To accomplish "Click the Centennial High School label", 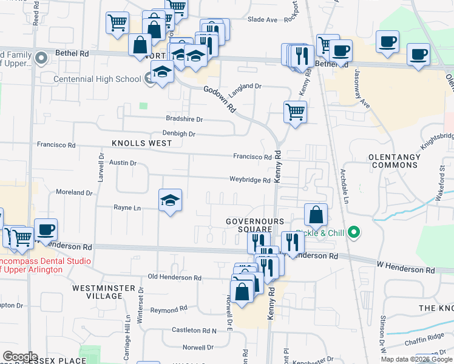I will [97, 79].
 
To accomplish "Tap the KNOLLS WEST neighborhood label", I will [142, 143].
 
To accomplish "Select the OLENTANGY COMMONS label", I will [395, 161].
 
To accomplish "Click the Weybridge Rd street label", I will [249, 180].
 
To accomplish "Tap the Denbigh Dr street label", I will [178, 133].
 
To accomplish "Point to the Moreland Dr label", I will [74, 192].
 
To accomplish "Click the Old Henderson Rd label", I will [175, 277].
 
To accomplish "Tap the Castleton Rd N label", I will [194, 330].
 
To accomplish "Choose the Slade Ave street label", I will [262, 19].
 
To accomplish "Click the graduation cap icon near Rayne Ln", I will [171, 201].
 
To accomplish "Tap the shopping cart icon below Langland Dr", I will [295, 113].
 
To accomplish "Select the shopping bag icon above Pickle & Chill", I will [316, 215].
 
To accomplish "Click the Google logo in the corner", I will [20, 357].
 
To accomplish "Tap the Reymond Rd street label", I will [164, 309].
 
